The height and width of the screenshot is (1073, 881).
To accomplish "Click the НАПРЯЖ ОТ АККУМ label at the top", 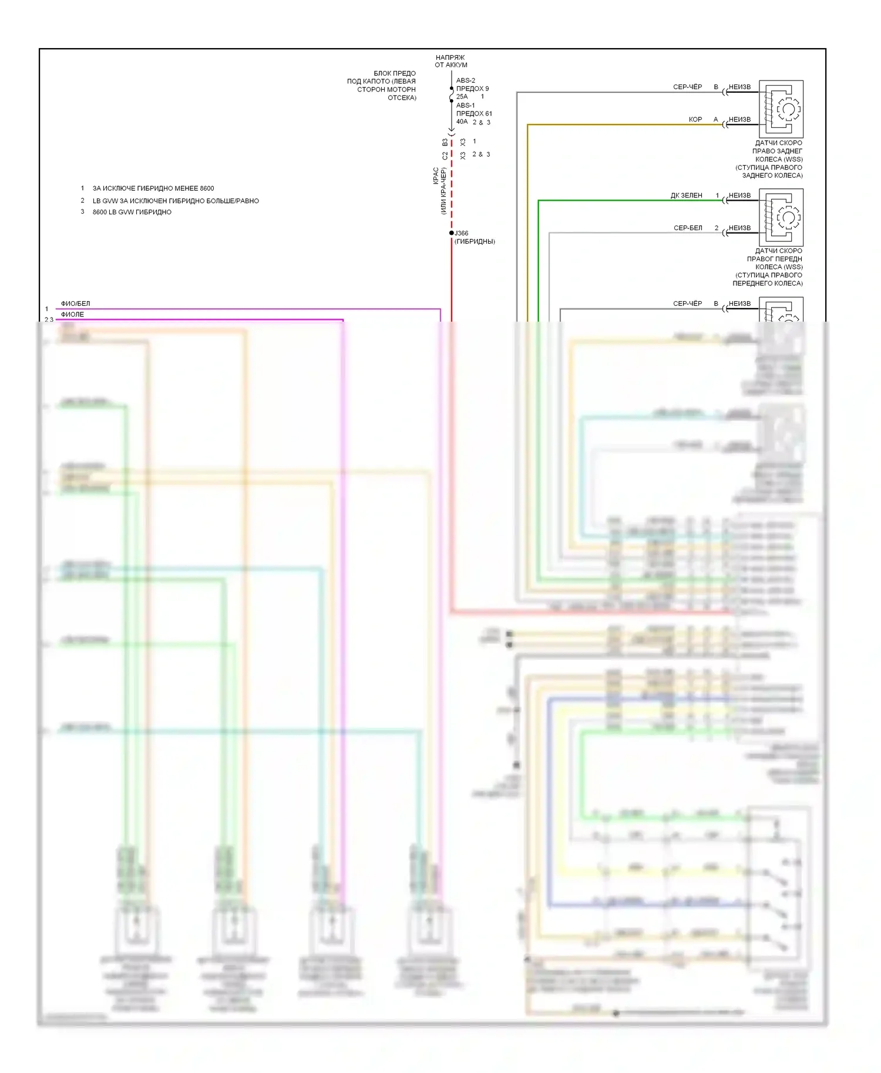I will pos(450,61).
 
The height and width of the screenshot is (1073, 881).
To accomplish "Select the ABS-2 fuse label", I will pos(466,80).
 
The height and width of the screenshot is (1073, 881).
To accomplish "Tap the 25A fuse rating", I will pos(462,97).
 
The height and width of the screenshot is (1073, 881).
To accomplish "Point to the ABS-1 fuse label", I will pos(466,106).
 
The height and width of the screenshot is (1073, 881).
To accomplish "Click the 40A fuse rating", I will pos(462,122).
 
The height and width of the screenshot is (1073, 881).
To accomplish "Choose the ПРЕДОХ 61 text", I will pos(474,114).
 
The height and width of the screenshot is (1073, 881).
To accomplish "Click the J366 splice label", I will pos(461,233).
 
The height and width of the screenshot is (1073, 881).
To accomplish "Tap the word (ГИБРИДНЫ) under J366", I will pos(475,241).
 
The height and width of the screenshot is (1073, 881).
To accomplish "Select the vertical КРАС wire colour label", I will pos(436,176).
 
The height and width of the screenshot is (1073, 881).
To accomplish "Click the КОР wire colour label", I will pos(695,120).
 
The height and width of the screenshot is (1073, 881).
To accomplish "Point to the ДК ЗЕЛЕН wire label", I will pos(687,195).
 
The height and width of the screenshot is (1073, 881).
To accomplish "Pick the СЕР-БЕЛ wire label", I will pos(688,228).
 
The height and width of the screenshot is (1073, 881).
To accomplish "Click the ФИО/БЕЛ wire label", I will pos(76,303).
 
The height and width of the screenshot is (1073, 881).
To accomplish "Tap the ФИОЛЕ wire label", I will pos(72,315).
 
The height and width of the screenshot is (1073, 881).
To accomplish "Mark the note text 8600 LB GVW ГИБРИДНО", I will pos(132,212).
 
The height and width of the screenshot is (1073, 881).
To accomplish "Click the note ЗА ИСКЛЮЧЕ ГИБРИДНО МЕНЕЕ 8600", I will pos(153,188).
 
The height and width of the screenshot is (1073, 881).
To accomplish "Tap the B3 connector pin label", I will pos(445,143).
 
